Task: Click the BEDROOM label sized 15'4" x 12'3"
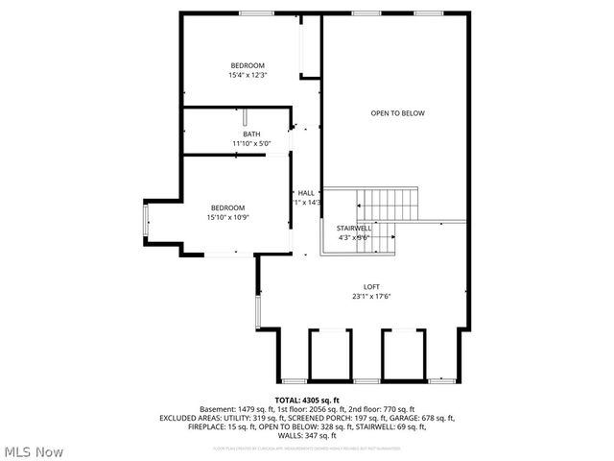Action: (247, 65)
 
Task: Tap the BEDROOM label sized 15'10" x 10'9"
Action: (227, 207)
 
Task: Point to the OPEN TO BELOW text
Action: (397, 113)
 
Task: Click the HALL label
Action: (306, 193)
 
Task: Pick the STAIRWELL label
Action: (353, 228)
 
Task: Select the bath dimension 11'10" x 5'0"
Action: (251, 144)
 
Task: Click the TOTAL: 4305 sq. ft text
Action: (307, 400)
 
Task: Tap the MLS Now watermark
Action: (34, 451)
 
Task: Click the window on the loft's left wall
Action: (256, 312)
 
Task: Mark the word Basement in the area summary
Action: (218, 409)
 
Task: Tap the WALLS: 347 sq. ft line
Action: (307, 435)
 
